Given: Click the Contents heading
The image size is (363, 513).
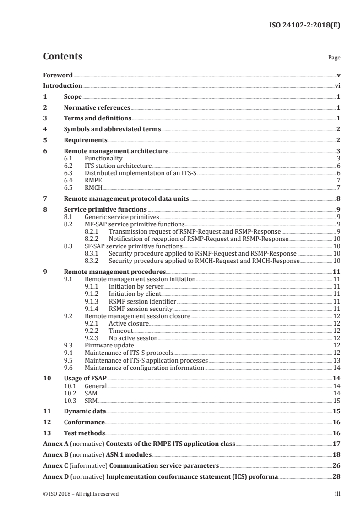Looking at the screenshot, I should click(63, 57).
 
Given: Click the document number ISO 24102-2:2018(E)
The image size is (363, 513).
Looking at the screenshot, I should click(303, 26).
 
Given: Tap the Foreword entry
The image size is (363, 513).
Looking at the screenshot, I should click(58, 75).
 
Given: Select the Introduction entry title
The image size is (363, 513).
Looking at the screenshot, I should click(62, 85).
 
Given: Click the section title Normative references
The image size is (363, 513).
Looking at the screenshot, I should click(97, 108).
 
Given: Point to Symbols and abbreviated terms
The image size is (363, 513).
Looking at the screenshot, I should click(112, 129).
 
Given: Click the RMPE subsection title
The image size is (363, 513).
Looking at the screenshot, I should click(93, 180).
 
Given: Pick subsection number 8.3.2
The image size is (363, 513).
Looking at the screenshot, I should click(92, 261).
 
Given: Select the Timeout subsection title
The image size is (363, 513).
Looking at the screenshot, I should click(120, 331).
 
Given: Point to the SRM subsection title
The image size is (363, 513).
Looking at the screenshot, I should click(92, 401).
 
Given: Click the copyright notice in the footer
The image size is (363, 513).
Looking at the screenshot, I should click(81, 494).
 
